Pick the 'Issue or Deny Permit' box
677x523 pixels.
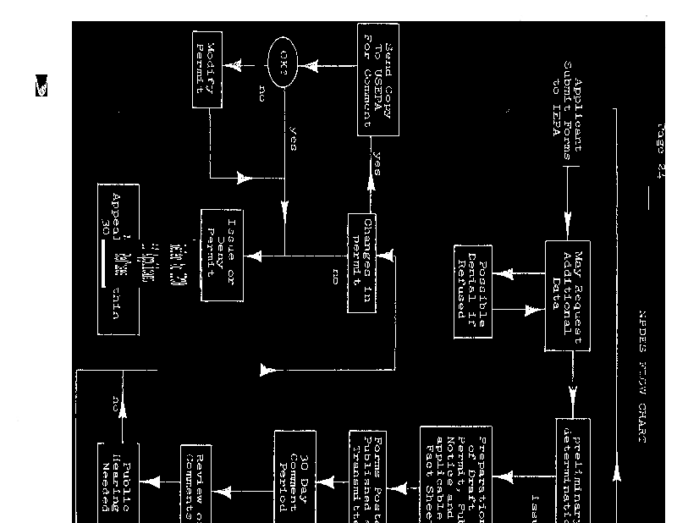click(x=223, y=253)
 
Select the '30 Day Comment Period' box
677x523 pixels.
click(x=294, y=472)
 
